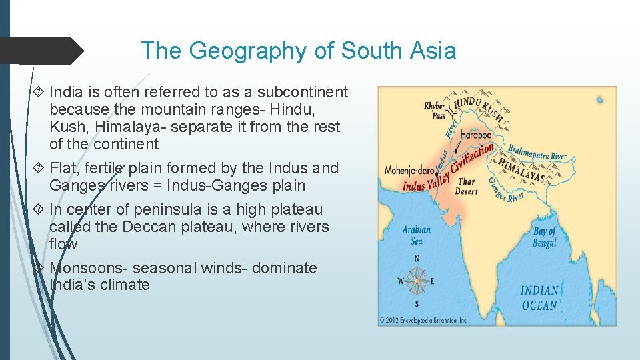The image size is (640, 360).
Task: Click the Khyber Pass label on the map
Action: click(435, 110)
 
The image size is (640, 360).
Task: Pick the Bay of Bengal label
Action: click(544, 237)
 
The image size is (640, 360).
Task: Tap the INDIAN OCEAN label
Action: click(539, 298)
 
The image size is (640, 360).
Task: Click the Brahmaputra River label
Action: click(537, 152)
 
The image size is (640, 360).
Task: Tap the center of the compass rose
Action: click(417, 281)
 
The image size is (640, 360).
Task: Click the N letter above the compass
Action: click(417, 259)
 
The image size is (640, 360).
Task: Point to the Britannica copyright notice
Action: click(423, 320)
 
